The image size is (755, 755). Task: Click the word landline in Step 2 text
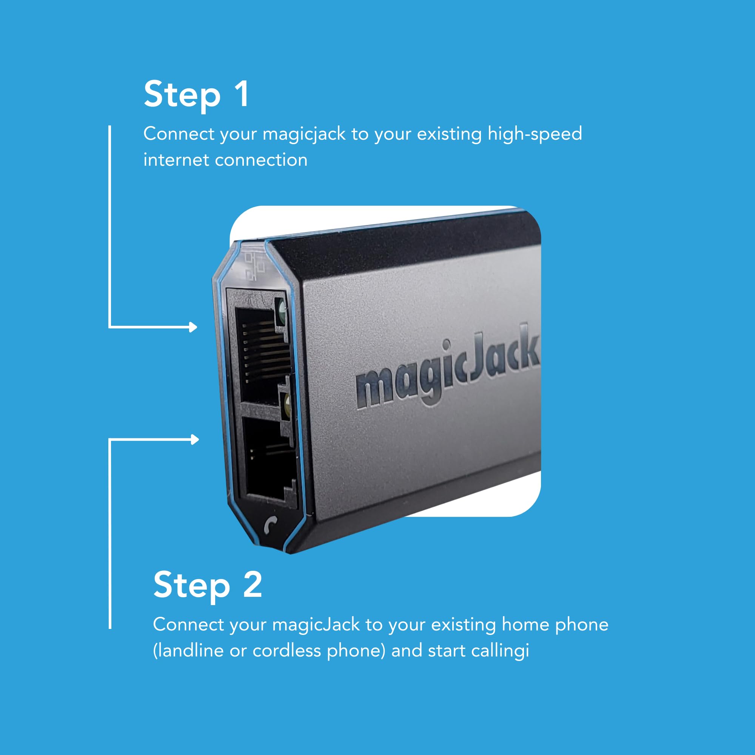[x=190, y=651]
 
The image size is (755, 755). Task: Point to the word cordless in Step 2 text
[x=287, y=651]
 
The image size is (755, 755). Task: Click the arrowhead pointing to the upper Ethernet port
[x=193, y=327]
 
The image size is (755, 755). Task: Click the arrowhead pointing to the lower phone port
[x=195, y=440]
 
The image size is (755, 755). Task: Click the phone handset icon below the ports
[x=270, y=524]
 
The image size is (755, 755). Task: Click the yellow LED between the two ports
[x=287, y=406]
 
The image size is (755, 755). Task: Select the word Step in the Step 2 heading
[x=191, y=586]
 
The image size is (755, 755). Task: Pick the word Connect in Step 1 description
[x=179, y=134]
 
